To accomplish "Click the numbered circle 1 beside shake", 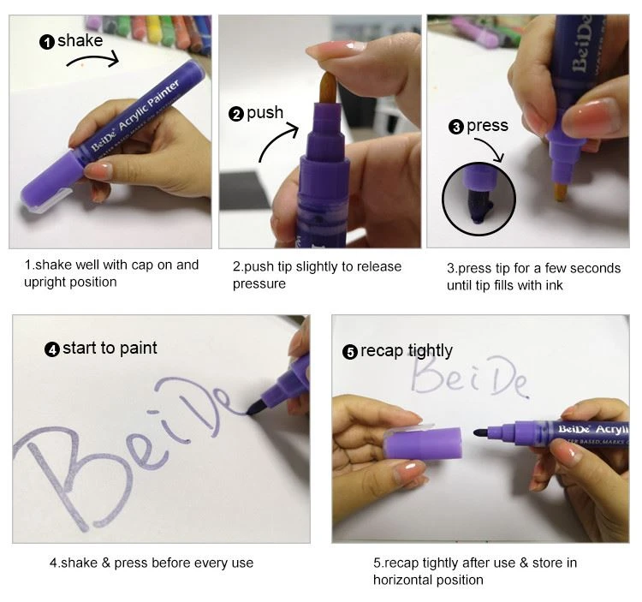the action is pyautogui.click(x=47, y=42).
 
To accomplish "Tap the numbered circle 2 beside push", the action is pyautogui.click(x=236, y=114).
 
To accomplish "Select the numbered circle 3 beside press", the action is pyautogui.click(x=456, y=127).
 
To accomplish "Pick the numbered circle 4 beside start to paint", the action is pyautogui.click(x=52, y=349).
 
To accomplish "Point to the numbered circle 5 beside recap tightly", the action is pyautogui.click(x=350, y=352).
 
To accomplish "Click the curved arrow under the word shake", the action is pyautogui.click(x=93, y=57).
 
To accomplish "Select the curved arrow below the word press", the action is pyautogui.click(x=491, y=146).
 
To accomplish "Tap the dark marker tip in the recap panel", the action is pyautogui.click(x=481, y=432).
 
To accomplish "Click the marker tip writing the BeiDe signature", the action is pyautogui.click(x=255, y=408).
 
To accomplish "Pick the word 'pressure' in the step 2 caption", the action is pyautogui.click(x=259, y=283).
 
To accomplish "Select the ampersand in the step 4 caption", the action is pyautogui.click(x=106, y=563).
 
